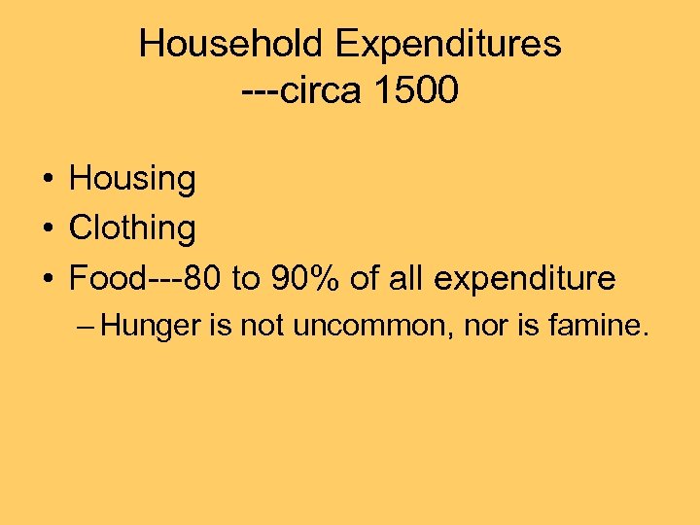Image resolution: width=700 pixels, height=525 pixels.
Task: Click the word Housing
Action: coord(132,179)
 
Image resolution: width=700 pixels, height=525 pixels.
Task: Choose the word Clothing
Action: coord(132,228)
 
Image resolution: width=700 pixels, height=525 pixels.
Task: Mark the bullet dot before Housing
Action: coord(47,180)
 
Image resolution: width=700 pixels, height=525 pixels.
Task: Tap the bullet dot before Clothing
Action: coord(47,229)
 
